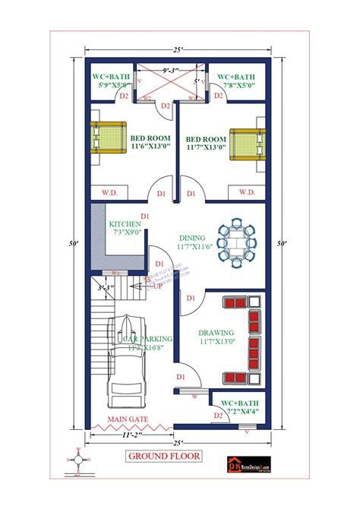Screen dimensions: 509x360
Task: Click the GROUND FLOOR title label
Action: (163, 457)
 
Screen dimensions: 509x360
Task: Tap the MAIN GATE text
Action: (127, 419)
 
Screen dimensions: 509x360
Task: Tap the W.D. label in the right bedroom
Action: (246, 192)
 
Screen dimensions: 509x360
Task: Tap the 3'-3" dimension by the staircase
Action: (105, 289)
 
